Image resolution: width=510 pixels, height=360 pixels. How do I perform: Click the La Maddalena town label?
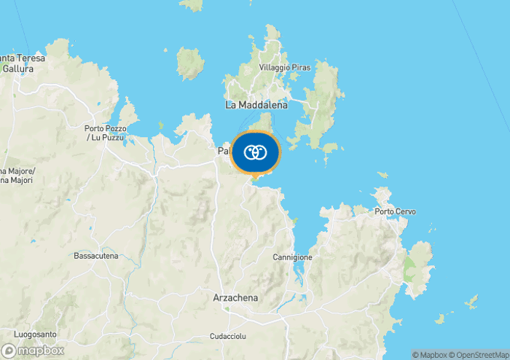pos(256,105)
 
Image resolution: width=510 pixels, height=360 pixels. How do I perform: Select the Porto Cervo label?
pos(396,211)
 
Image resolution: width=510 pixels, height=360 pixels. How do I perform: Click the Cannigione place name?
pos(292,257)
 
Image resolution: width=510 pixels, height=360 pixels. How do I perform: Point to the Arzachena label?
pos(235,298)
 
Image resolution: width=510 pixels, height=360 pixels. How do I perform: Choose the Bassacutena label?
pos(95,256)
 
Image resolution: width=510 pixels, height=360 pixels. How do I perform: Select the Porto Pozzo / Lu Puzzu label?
pos(105,133)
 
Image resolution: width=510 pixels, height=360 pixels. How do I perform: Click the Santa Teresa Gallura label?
pos(22,63)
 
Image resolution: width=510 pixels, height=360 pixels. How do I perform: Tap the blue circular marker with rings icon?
pos(255,152)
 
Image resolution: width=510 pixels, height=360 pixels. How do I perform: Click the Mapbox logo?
pos(32,350)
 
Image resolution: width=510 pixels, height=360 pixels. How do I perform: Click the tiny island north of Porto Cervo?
pos(382,175)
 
